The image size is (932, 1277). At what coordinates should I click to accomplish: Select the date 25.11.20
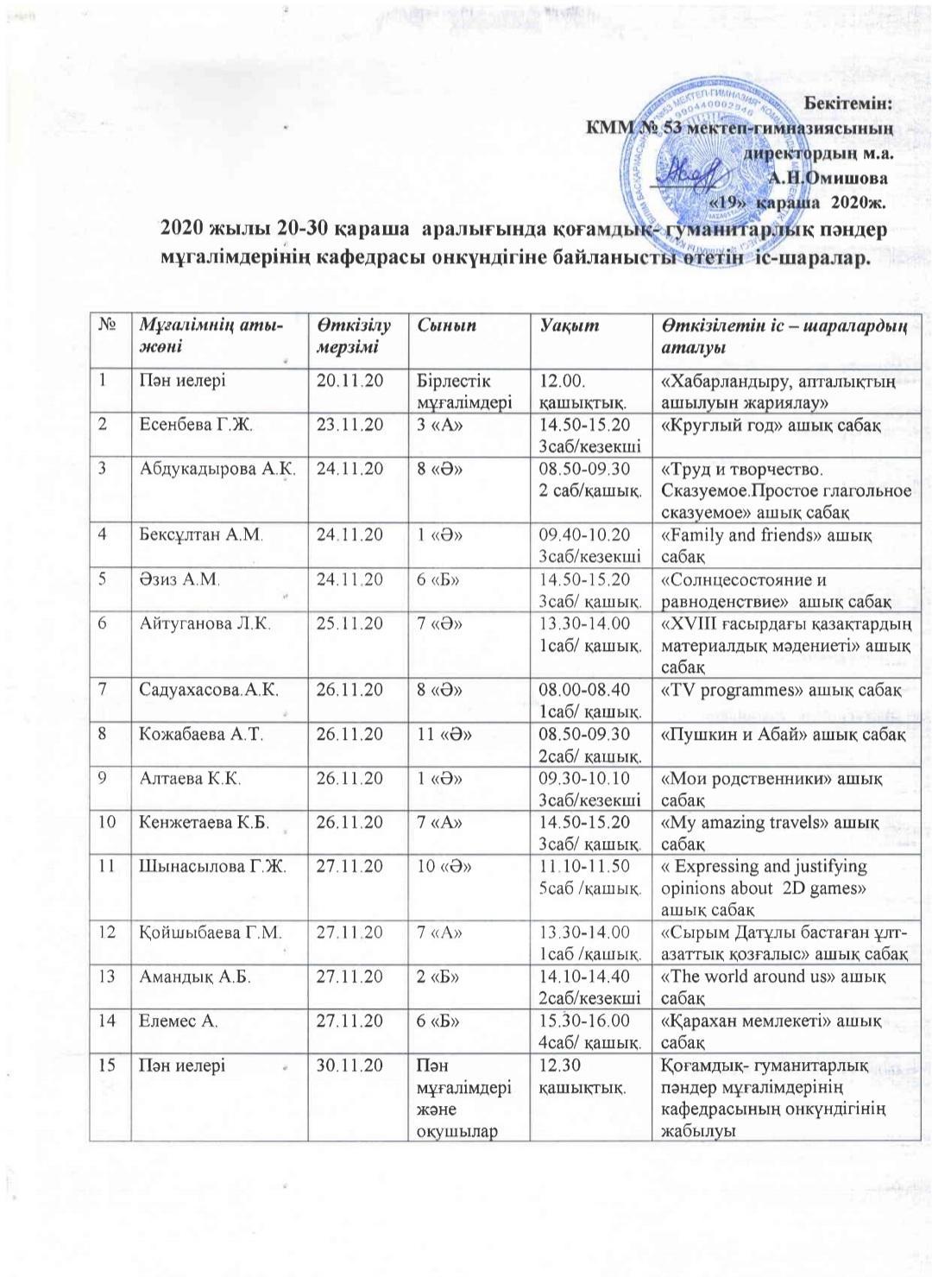[349, 623]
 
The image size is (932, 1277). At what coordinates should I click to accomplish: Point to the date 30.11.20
[349, 1065]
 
